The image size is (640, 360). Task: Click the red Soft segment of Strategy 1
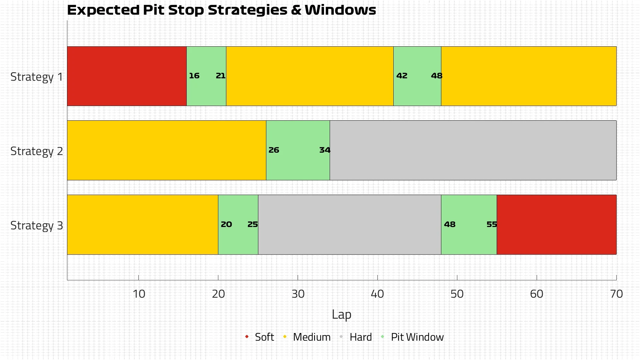[127, 76]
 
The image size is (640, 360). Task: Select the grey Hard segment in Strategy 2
[473, 150]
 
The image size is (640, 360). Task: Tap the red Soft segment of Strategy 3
[556, 225]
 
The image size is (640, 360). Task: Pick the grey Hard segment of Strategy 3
[349, 225]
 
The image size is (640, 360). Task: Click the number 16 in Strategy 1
[194, 76]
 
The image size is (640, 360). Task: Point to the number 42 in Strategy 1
[402, 76]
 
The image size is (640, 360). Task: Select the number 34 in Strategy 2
[325, 150]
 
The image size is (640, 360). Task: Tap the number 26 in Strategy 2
[274, 150]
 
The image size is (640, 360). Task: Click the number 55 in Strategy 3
[492, 225]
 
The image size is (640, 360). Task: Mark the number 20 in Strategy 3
[226, 225]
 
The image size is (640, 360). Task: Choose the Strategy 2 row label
[37, 151]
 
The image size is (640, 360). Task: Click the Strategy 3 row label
[37, 226]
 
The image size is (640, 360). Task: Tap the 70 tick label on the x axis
[616, 294]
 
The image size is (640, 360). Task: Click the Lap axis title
[341, 314]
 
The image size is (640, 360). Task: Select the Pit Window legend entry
[417, 337]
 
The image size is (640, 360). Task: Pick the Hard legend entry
[360, 337]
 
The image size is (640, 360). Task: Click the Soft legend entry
[264, 337]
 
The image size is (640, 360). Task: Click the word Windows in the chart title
[340, 10]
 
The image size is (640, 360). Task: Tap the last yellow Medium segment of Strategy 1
[528, 76]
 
